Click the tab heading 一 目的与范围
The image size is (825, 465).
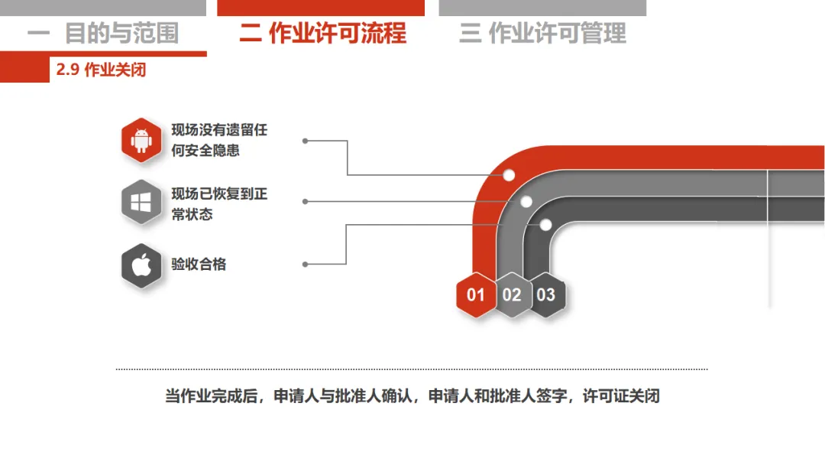(x=103, y=34)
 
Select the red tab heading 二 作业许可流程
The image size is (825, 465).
(x=322, y=34)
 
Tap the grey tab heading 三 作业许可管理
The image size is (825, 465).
(x=542, y=34)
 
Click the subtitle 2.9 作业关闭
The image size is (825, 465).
(x=101, y=70)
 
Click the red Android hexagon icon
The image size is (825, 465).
(x=141, y=141)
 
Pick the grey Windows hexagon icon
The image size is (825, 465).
(x=141, y=202)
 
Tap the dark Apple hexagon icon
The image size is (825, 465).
(x=141, y=265)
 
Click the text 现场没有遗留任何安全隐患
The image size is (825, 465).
(x=219, y=141)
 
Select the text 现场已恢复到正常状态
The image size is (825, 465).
(x=219, y=204)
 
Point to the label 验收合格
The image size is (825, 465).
(x=199, y=265)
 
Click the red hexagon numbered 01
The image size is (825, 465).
(x=476, y=294)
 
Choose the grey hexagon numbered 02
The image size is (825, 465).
(x=512, y=294)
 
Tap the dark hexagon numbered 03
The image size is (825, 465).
(x=546, y=294)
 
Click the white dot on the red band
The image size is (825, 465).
(x=509, y=175)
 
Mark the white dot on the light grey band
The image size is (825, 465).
(x=526, y=202)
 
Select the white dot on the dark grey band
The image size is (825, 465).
(x=545, y=225)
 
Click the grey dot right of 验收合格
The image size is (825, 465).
(x=306, y=265)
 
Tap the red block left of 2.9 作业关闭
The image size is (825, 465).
(x=24, y=70)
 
